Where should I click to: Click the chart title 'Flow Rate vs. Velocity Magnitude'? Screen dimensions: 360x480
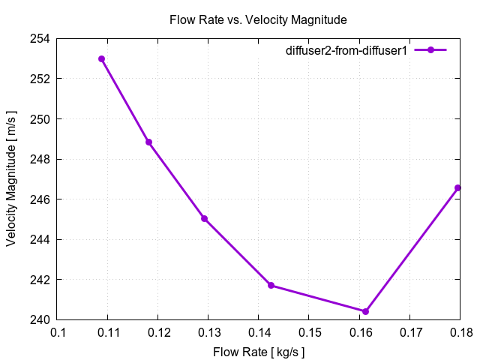tap(257, 19)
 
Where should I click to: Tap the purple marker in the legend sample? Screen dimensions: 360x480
tap(430, 50)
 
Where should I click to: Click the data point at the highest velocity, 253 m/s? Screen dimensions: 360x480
tap(101, 58)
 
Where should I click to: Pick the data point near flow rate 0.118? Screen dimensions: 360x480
tap(148, 142)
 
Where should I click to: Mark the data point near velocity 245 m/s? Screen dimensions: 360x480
tap(204, 218)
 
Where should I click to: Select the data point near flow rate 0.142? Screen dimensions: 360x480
tap(271, 285)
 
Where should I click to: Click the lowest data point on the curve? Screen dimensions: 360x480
tap(365, 311)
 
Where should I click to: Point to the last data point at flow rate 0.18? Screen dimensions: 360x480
tap(457, 187)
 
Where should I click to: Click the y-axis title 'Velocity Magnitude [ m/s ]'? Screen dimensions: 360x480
tap(12, 179)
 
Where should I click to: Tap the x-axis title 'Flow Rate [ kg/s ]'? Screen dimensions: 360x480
tap(259, 352)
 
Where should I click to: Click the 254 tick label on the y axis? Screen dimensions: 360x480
tap(40, 39)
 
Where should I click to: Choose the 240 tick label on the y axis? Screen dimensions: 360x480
tap(40, 319)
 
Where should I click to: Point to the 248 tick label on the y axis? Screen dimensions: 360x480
tap(40, 159)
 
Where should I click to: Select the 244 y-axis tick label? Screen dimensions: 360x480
tap(40, 239)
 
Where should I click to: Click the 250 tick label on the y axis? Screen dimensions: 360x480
tap(40, 119)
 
